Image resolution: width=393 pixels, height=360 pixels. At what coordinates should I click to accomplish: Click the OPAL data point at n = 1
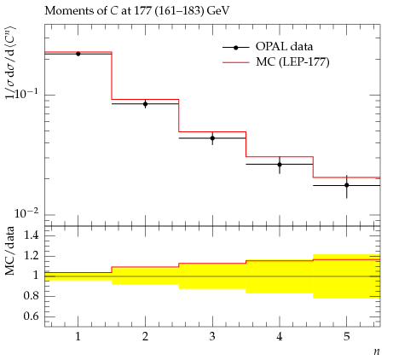click(78, 54)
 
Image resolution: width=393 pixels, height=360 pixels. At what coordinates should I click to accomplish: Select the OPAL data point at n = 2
click(146, 104)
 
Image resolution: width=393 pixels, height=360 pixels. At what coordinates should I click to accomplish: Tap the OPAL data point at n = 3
click(212, 138)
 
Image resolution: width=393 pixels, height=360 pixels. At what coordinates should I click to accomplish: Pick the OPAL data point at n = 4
click(280, 165)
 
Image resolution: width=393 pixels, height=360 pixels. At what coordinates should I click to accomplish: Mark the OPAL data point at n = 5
click(347, 185)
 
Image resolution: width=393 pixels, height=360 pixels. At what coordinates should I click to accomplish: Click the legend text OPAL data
click(284, 47)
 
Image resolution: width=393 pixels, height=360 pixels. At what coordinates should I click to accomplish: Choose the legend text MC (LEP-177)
click(292, 62)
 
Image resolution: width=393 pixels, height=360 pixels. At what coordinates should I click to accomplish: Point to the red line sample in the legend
click(236, 62)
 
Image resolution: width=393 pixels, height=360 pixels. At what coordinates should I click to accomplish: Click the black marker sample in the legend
click(236, 48)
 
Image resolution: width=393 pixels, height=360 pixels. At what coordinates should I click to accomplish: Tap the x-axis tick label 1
click(78, 337)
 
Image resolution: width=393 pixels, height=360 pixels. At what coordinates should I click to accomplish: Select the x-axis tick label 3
click(212, 337)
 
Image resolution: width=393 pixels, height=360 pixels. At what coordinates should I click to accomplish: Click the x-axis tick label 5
click(346, 337)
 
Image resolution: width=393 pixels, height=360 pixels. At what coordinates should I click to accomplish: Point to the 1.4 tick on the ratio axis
click(31, 235)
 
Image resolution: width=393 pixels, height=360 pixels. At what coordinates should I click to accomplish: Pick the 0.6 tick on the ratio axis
click(31, 316)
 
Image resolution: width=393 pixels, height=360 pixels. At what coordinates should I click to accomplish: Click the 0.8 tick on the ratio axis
click(31, 296)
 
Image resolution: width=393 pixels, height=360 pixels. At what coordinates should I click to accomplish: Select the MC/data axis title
click(10, 251)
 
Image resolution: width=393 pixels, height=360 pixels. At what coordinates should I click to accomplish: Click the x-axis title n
click(377, 351)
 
